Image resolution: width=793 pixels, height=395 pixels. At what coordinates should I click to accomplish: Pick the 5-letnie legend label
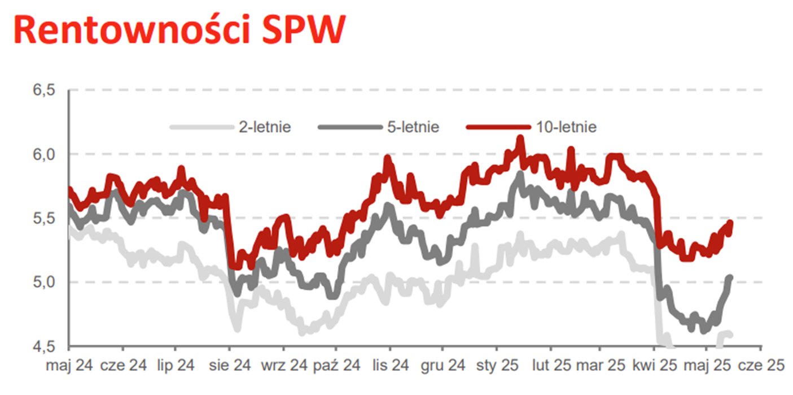(413, 127)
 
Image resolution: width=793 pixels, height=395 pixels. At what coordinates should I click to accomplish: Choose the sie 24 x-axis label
(229, 366)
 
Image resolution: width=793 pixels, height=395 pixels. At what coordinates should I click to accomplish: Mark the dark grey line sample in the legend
(350, 127)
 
